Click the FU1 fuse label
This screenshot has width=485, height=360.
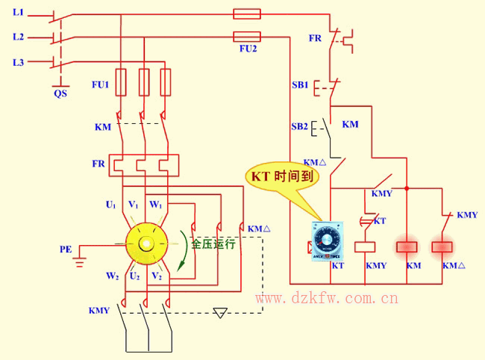click(100, 85)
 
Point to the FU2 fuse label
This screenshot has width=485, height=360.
click(248, 49)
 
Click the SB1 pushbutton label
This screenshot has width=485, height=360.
click(300, 85)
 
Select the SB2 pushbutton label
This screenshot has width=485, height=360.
click(300, 126)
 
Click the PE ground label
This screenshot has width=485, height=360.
click(66, 247)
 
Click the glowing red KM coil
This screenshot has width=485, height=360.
click(407, 246)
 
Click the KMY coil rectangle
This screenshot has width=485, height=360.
click(364, 246)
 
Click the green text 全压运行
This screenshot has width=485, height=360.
click(213, 244)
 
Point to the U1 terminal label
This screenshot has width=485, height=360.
click(110, 204)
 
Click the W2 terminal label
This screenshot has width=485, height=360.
click(112, 276)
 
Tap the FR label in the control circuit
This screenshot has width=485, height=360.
click(316, 37)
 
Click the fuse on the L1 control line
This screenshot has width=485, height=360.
click(247, 13)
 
